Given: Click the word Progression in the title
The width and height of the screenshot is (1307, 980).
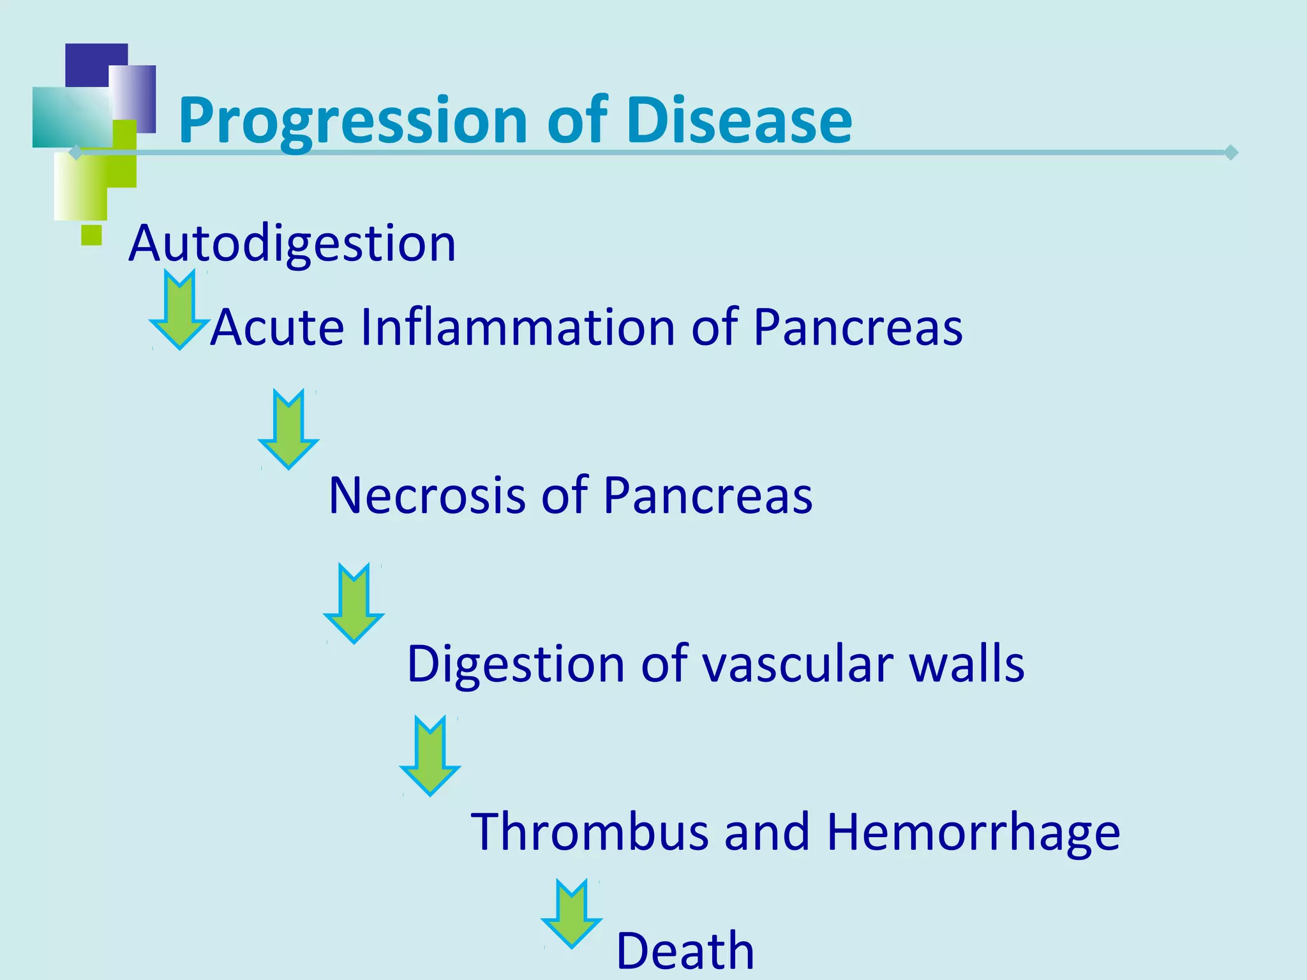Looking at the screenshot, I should coord(353,121).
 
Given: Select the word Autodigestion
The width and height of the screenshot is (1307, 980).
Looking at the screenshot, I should coord(292,244).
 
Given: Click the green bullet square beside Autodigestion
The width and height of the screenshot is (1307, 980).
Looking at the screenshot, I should coord(92,235).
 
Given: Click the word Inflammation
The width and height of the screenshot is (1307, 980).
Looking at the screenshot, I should coord(518,327).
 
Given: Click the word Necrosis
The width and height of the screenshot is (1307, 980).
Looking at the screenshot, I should coord(426,496).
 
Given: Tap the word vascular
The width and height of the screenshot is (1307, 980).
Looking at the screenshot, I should coord(797,664).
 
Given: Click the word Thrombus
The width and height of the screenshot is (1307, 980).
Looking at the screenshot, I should coord(590,832).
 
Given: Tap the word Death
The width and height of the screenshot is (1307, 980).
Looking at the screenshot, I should coord(685,951).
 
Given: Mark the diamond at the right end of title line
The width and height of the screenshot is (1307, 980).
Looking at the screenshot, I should coord(1231,152).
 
